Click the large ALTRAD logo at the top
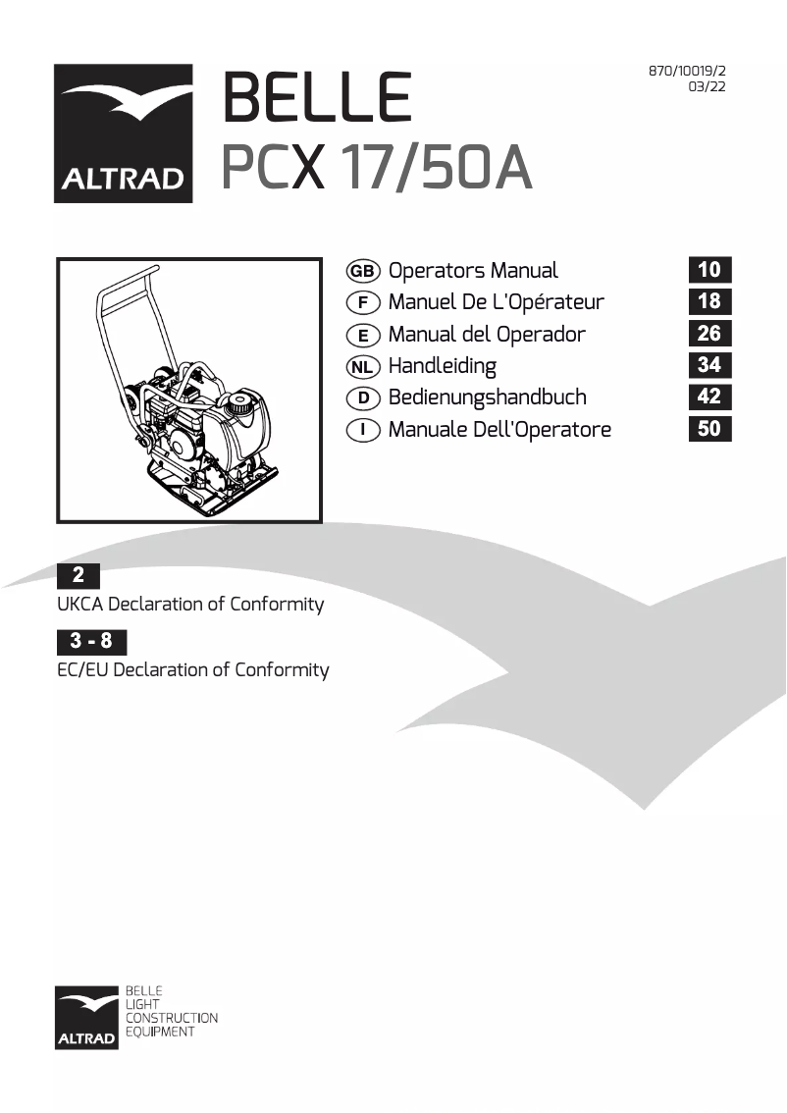123,133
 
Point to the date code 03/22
708,87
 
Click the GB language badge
363,271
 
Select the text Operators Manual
473,271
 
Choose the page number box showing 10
709,270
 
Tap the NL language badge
363,366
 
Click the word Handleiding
443,366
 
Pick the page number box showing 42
709,397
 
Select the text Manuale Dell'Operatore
499,429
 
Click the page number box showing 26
709,334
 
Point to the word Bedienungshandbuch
488,397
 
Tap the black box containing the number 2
78,576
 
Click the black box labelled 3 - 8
91,642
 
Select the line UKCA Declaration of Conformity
190,605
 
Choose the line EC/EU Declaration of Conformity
193,670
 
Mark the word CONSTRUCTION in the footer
171,1019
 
